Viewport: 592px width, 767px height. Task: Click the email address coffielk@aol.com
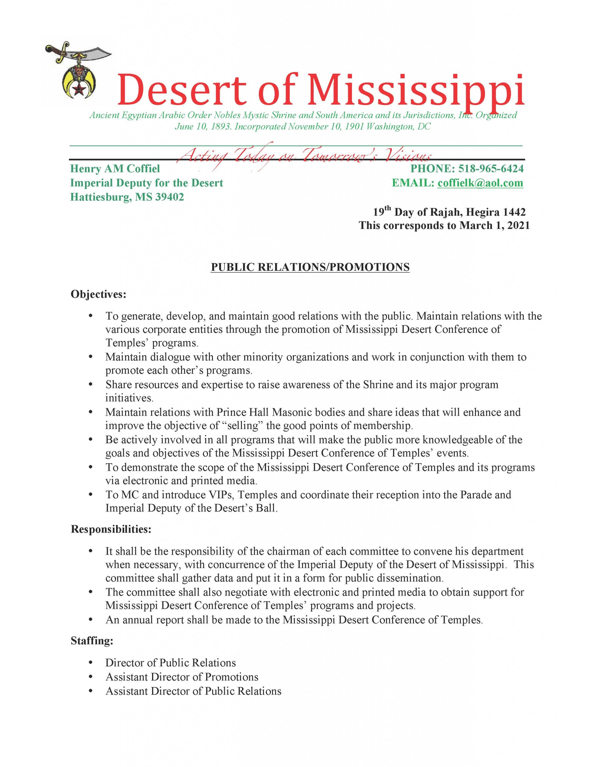coord(480,183)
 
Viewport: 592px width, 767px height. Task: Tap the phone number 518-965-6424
coord(491,169)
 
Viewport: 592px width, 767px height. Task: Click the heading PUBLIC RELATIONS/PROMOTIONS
coord(310,267)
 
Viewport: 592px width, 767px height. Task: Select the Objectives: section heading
coord(98,294)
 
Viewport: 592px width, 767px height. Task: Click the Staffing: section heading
coord(92,641)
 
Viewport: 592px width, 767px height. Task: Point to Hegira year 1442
coord(514,212)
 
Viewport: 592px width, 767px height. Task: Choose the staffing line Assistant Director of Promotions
coord(182,677)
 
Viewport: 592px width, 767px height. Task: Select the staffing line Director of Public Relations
coord(171,663)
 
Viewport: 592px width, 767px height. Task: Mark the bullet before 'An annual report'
coord(91,620)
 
